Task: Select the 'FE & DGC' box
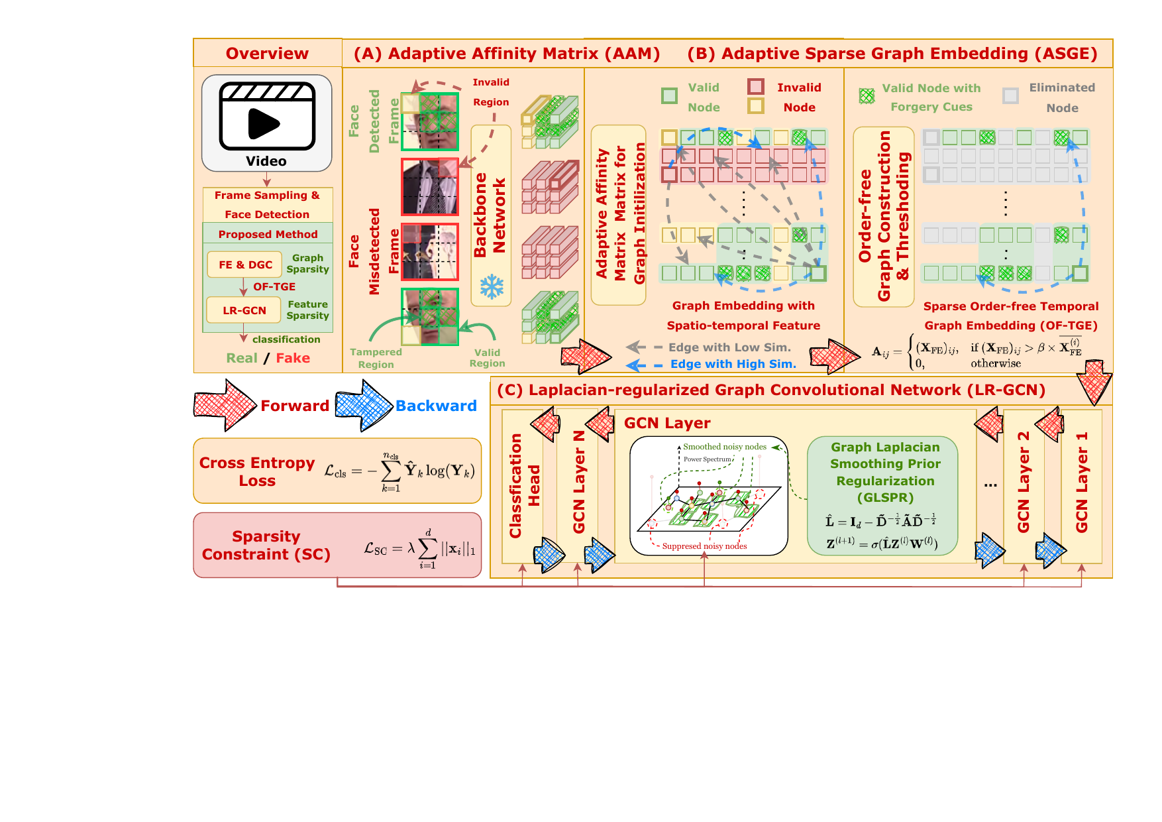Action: (245, 264)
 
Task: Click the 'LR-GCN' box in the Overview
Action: (244, 310)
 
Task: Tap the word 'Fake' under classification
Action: (293, 358)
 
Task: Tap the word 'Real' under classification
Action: (241, 358)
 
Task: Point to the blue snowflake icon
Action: (492, 287)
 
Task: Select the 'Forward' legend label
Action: (294, 406)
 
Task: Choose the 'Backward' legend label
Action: (436, 406)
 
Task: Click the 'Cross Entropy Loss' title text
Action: (257, 471)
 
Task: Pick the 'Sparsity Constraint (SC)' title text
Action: (266, 545)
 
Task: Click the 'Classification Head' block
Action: (523, 486)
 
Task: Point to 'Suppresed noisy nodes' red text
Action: (704, 546)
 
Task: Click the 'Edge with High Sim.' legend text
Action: (733, 364)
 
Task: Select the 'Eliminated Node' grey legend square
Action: (1010, 95)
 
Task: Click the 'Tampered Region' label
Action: (376, 358)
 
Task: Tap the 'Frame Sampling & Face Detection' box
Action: (267, 205)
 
